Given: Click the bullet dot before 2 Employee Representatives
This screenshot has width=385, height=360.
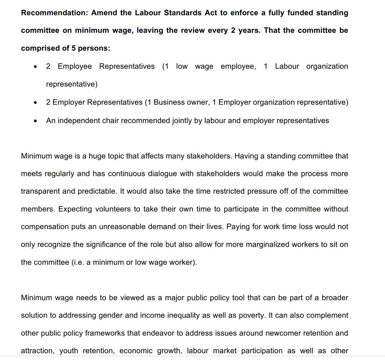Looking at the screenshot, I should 35,67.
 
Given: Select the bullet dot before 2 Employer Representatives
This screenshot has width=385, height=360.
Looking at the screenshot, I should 35,103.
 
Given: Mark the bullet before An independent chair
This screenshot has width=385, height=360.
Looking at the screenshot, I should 35,121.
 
